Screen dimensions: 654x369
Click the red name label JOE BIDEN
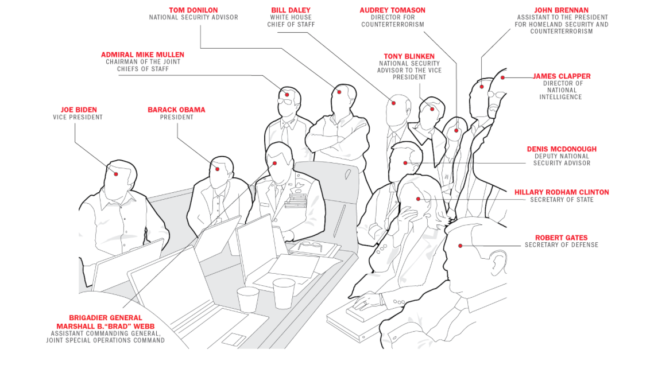[x=79, y=110]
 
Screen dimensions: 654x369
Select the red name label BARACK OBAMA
[x=176, y=110]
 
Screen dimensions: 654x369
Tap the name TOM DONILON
[x=194, y=10]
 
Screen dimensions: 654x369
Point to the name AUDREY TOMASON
[x=393, y=10]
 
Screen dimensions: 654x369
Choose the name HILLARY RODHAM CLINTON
[x=562, y=192]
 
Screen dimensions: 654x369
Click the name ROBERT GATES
[x=562, y=238]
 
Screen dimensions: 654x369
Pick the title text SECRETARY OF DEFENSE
[x=562, y=245]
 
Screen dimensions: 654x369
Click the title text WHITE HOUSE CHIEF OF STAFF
[x=291, y=21]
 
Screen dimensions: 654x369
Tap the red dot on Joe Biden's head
[x=116, y=173]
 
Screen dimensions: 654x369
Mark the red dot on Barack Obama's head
[x=218, y=169]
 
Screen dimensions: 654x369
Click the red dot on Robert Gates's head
[x=460, y=246]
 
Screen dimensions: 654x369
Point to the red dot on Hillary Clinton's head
[x=419, y=199]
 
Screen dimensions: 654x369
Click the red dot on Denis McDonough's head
[x=405, y=163]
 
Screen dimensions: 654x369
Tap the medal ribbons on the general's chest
[x=296, y=201]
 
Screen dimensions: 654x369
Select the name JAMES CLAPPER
[x=561, y=76]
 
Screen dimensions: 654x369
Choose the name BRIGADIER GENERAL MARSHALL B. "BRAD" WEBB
[x=105, y=321]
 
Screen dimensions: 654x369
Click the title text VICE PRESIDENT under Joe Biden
[x=78, y=117]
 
